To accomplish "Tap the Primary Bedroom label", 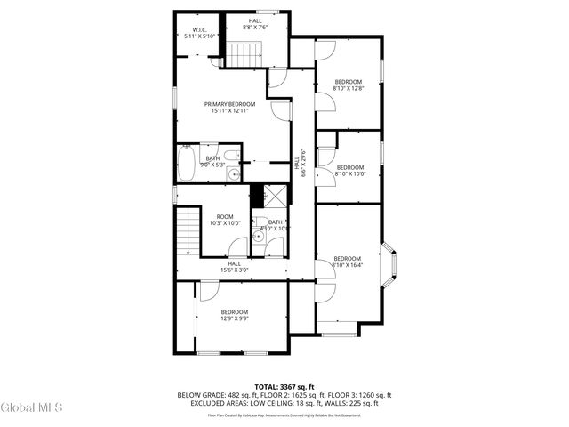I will [235, 107].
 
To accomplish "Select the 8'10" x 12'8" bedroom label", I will [347, 85].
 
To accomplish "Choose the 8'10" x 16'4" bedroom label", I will [347, 262].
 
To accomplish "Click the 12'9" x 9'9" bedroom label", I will [235, 314].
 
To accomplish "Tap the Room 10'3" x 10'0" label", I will [224, 220].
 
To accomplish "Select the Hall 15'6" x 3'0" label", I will [234, 266].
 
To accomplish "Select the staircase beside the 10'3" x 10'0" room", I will [186, 234].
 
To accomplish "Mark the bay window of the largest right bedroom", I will [389, 264].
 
